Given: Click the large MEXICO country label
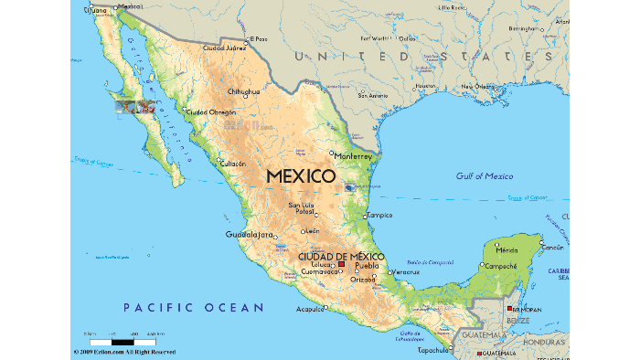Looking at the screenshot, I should pos(301,175).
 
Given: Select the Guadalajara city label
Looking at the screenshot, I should pos(250,235).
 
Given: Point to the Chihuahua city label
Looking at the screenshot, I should pos(244,91).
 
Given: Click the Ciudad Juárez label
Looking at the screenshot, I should pos(225,48).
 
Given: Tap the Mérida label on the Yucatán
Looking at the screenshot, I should pos(507,249).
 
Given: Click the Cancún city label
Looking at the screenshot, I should pos(553,247).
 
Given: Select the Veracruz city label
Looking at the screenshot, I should pos(406,272).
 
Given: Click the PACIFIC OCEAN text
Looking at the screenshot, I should pos(194,307).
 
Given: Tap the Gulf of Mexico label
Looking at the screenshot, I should pos(485,175).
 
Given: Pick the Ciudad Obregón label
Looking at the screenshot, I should pos(211,112).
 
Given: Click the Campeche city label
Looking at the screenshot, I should pos(501,266).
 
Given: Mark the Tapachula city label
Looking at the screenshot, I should pos(433,349).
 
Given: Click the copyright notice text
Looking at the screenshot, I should pos(123,352).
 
